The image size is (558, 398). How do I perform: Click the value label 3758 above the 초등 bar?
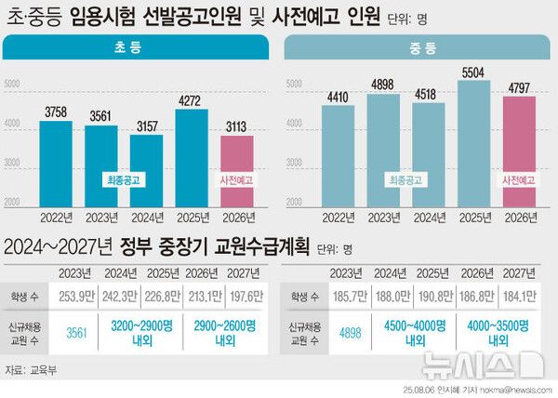coord(55,113)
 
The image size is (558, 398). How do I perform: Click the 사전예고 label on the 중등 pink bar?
coord(519,179)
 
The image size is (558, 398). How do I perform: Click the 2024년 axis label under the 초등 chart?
coord(146,219)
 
